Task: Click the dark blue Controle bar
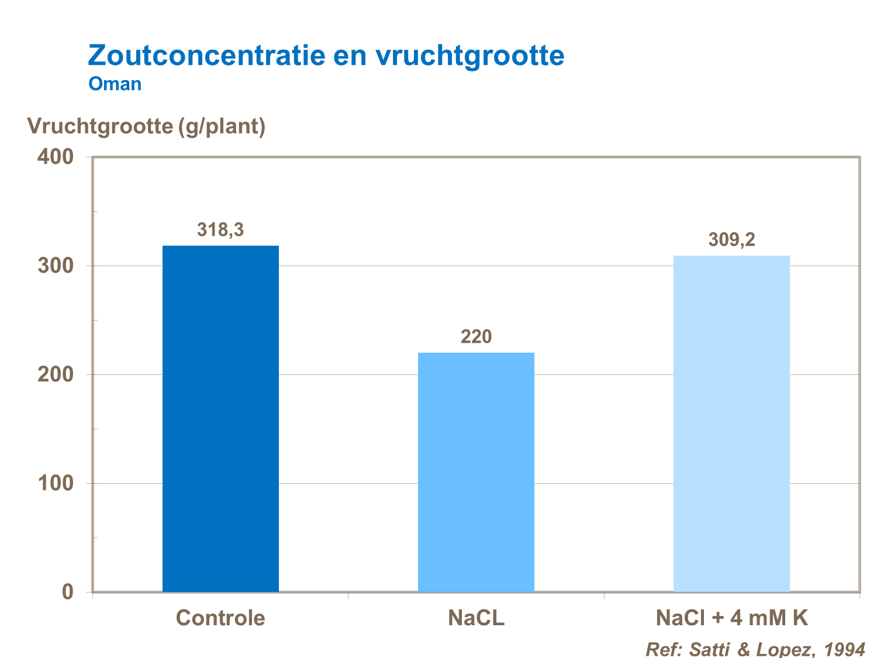click(220, 418)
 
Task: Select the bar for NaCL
click(476, 472)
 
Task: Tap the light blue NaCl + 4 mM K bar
click(731, 423)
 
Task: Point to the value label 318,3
click(220, 230)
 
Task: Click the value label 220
click(476, 337)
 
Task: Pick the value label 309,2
click(731, 240)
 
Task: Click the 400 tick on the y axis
click(56, 157)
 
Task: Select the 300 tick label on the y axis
click(56, 266)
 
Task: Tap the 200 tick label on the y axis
click(56, 374)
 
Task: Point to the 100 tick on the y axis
click(56, 483)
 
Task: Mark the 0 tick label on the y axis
click(68, 592)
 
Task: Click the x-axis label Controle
click(220, 618)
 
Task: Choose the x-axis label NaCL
click(476, 618)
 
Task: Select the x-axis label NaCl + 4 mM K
click(731, 618)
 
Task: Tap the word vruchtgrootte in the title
click(469, 56)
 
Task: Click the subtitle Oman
click(115, 84)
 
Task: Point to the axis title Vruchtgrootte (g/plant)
click(146, 126)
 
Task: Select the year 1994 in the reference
click(844, 649)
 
